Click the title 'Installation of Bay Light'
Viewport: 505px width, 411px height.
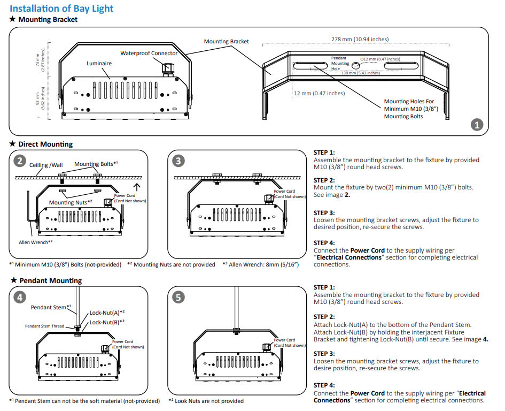coord(61,9)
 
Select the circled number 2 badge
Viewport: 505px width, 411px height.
coord(20,161)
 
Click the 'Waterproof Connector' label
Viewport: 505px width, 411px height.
coord(149,53)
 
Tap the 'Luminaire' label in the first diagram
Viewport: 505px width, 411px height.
coord(99,63)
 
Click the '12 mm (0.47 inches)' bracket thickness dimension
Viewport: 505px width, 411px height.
coord(320,93)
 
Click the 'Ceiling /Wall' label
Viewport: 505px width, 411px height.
coord(46,165)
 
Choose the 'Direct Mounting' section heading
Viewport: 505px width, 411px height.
coord(45,144)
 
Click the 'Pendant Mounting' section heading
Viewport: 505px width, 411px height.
coord(50,280)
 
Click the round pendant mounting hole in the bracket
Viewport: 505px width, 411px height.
coord(355,65)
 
